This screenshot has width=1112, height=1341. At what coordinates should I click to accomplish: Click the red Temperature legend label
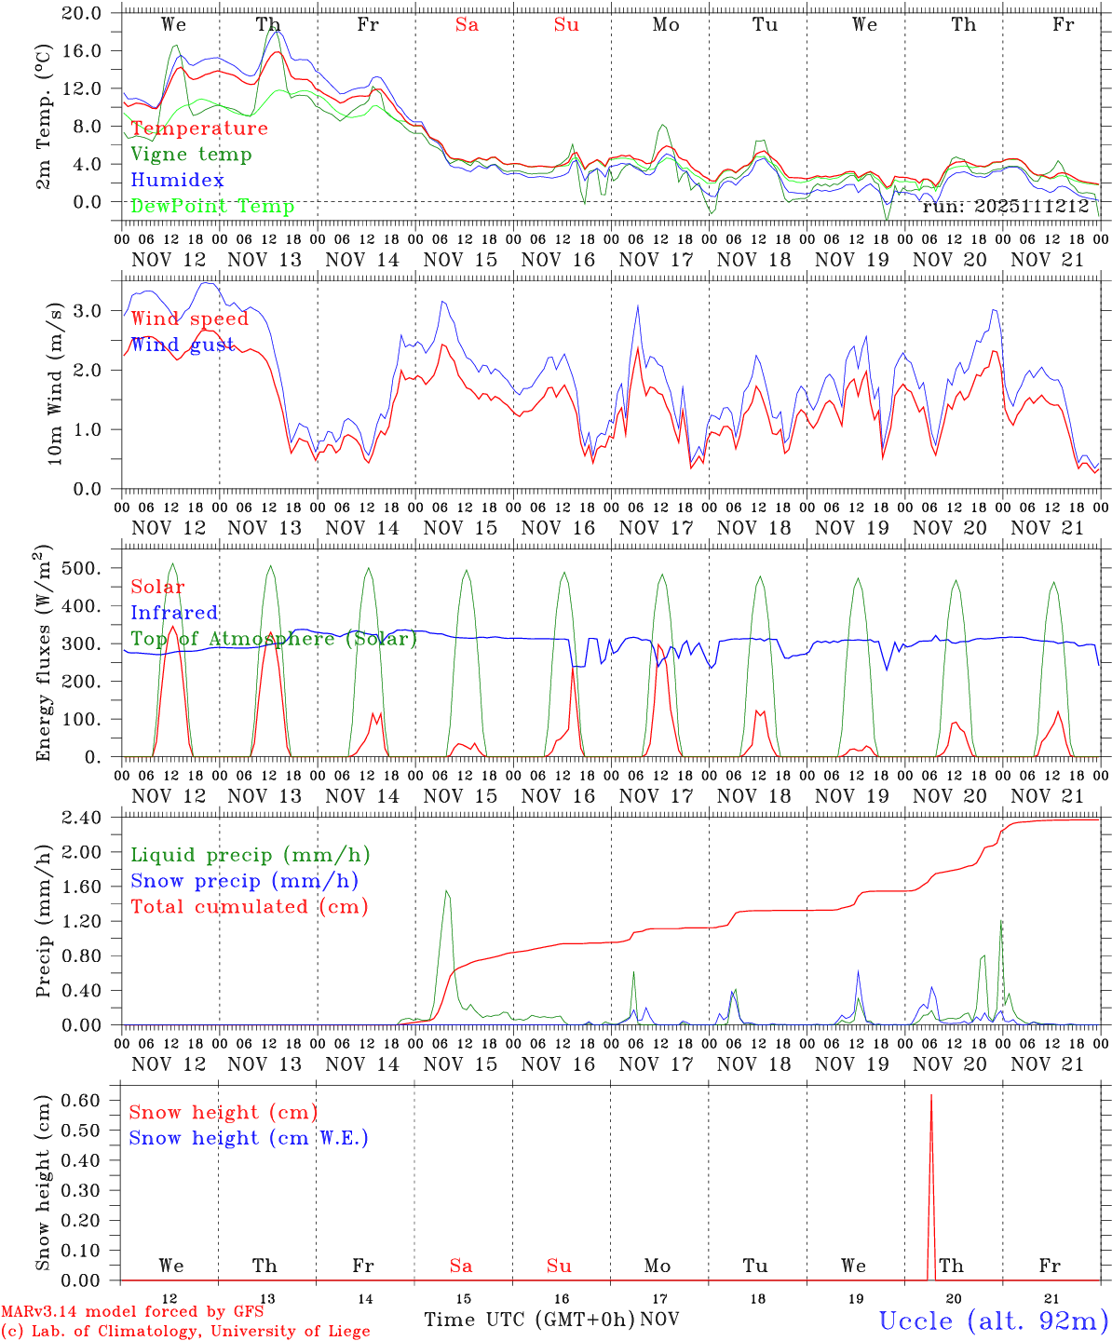pyautogui.click(x=198, y=129)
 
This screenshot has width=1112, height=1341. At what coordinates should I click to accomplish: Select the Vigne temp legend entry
pyautogui.click(x=191, y=155)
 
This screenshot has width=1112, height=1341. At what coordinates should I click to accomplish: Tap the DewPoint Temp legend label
pyautogui.click(x=212, y=207)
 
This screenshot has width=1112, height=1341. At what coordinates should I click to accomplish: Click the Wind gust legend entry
pyautogui.click(x=183, y=345)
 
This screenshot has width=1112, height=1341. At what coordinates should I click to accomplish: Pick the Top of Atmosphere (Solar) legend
pyautogui.click(x=274, y=639)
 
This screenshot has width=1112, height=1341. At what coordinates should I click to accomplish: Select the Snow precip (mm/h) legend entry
pyautogui.click(x=244, y=881)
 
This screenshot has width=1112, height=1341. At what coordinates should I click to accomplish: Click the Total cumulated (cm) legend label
pyautogui.click(x=249, y=907)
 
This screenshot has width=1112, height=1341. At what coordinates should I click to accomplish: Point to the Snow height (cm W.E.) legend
pyautogui.click(x=249, y=1138)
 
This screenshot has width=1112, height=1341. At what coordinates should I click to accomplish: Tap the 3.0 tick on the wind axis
pyautogui.click(x=91, y=310)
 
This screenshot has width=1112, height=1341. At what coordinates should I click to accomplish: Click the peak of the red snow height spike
pyautogui.click(x=931, y=1096)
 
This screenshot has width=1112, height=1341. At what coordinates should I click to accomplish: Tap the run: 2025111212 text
pyautogui.click(x=1005, y=207)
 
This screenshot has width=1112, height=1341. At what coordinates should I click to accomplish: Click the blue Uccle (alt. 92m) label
pyautogui.click(x=993, y=1321)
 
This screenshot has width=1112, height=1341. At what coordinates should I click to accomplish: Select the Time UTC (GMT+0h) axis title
pyautogui.click(x=529, y=1320)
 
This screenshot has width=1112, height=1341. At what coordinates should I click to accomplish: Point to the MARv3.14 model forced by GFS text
pyautogui.click(x=132, y=1312)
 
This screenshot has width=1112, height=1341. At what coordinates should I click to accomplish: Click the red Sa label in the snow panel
pyautogui.click(x=461, y=1266)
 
